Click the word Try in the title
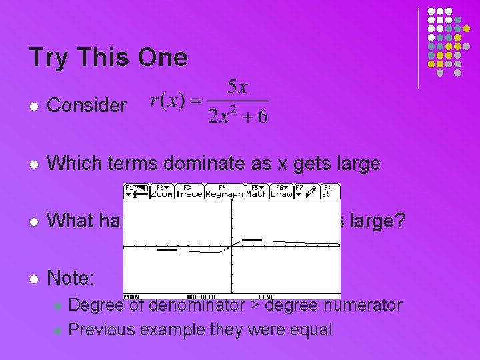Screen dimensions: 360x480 tap(48, 58)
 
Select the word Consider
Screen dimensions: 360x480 tap(87, 105)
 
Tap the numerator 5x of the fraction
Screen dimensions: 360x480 tap(237, 87)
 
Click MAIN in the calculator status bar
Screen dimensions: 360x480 tap(133, 296)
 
